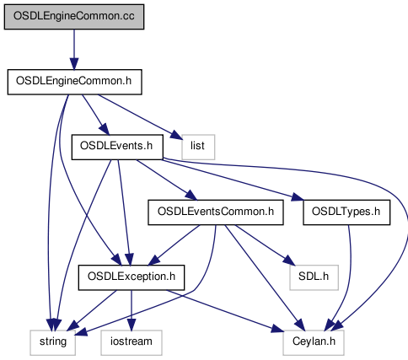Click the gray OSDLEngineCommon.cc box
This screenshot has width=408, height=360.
(x=74, y=17)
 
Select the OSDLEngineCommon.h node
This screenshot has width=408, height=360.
(x=74, y=82)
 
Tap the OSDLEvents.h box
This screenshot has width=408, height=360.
(x=117, y=147)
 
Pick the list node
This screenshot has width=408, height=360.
(x=198, y=147)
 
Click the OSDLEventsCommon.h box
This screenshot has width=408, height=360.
(x=216, y=212)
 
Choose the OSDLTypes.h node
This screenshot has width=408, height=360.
(x=346, y=212)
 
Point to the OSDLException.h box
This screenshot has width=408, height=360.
(x=132, y=277)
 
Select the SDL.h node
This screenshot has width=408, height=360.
(x=314, y=277)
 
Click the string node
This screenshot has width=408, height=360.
(x=53, y=342)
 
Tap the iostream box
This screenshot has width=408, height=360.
(x=132, y=342)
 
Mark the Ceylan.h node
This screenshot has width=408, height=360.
(x=314, y=342)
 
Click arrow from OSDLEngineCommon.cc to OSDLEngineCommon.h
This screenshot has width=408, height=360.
(x=74, y=50)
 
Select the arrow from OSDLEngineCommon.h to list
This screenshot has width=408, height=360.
(x=140, y=116)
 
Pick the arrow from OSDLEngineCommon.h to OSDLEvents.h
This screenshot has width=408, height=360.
(x=95, y=115)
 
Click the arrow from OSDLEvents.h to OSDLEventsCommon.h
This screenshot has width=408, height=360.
(x=166, y=180)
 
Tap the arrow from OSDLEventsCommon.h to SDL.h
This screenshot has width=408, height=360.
(x=265, y=244)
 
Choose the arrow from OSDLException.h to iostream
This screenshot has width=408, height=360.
(x=132, y=310)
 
